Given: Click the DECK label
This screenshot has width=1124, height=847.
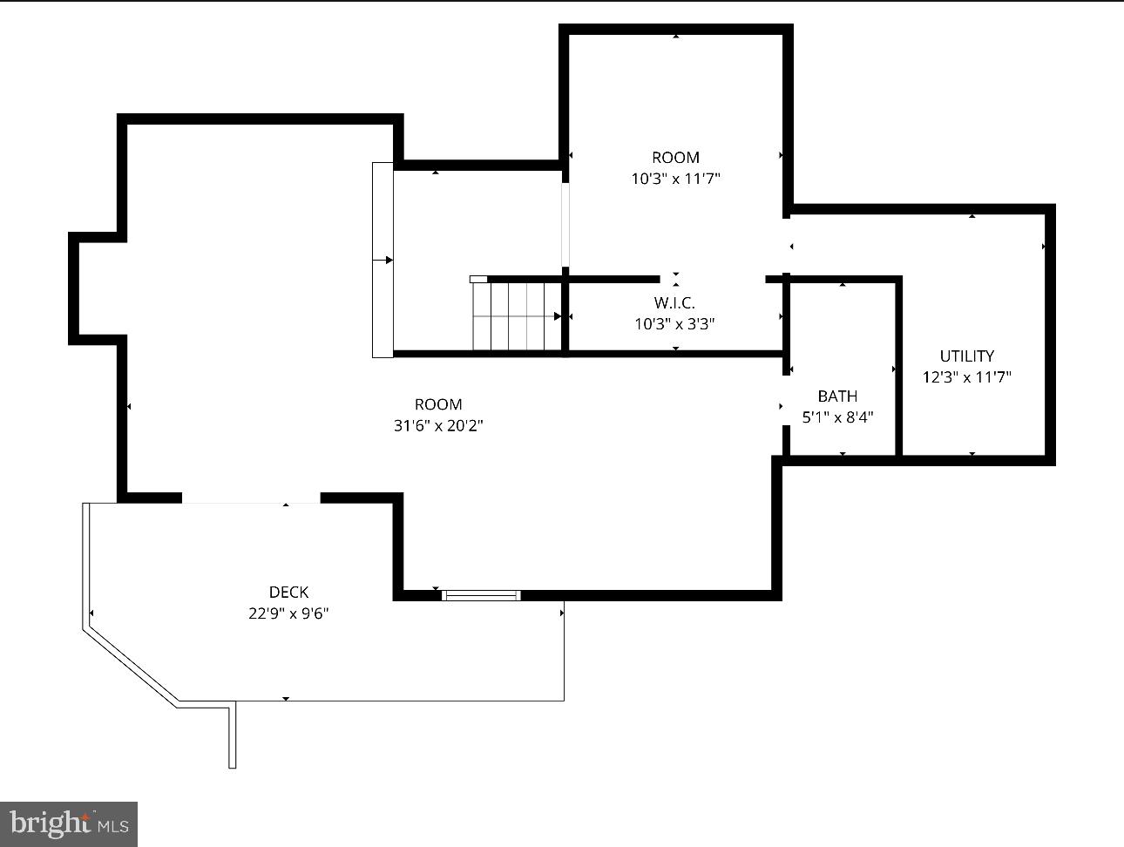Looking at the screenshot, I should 288,593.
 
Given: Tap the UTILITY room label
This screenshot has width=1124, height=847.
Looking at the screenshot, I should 966,356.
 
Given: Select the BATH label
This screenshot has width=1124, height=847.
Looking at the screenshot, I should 837,396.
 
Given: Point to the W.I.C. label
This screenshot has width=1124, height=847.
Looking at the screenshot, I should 674,303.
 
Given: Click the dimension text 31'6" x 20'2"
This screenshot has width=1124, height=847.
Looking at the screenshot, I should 438,426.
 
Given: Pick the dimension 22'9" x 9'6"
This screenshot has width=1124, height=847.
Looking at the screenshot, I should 288,613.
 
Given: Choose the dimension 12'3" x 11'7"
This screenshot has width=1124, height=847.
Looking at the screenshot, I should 966,377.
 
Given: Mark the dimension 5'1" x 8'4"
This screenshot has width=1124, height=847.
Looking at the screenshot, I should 837,417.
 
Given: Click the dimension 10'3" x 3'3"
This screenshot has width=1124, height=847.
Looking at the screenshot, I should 674,324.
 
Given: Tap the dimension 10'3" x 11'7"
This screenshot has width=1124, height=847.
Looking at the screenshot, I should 675,180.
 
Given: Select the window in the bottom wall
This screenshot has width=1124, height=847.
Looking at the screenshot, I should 481,596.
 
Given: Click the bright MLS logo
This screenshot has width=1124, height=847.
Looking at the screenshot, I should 69,823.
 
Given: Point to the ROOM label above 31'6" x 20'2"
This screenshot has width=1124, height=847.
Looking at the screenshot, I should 438,404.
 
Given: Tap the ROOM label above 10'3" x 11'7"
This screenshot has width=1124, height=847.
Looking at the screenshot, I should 675,158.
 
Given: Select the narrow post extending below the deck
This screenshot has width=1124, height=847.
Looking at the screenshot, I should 233,736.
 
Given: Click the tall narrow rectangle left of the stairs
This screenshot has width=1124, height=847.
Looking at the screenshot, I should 383,260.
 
